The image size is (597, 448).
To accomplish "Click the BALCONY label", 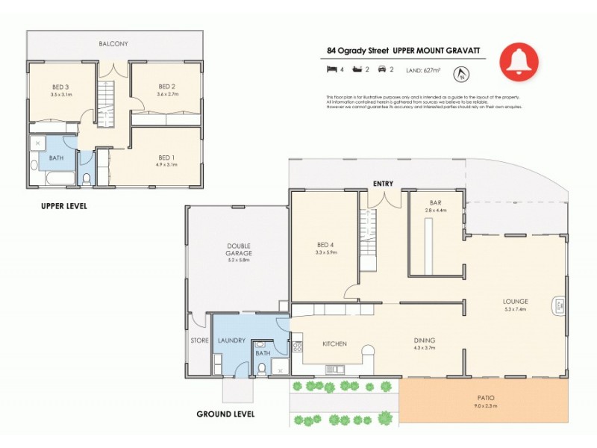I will pos(113,44).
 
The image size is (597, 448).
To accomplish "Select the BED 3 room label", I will pos(60,87).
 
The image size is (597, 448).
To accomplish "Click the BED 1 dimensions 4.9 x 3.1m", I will pos(167,164).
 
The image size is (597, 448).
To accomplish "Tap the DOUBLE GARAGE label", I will pos(239,249).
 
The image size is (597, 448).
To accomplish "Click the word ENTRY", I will pos(384,183).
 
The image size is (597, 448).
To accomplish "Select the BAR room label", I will pos(436,202).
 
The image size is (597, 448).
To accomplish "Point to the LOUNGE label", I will pos(516,302).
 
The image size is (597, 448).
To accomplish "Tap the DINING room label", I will pos(425,340).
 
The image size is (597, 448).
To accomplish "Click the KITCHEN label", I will pos(334,343).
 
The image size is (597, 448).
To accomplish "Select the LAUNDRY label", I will pos(231,340).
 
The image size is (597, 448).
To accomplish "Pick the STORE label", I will pos(199,340).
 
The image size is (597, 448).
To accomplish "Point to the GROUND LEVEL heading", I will pos(225,414).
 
